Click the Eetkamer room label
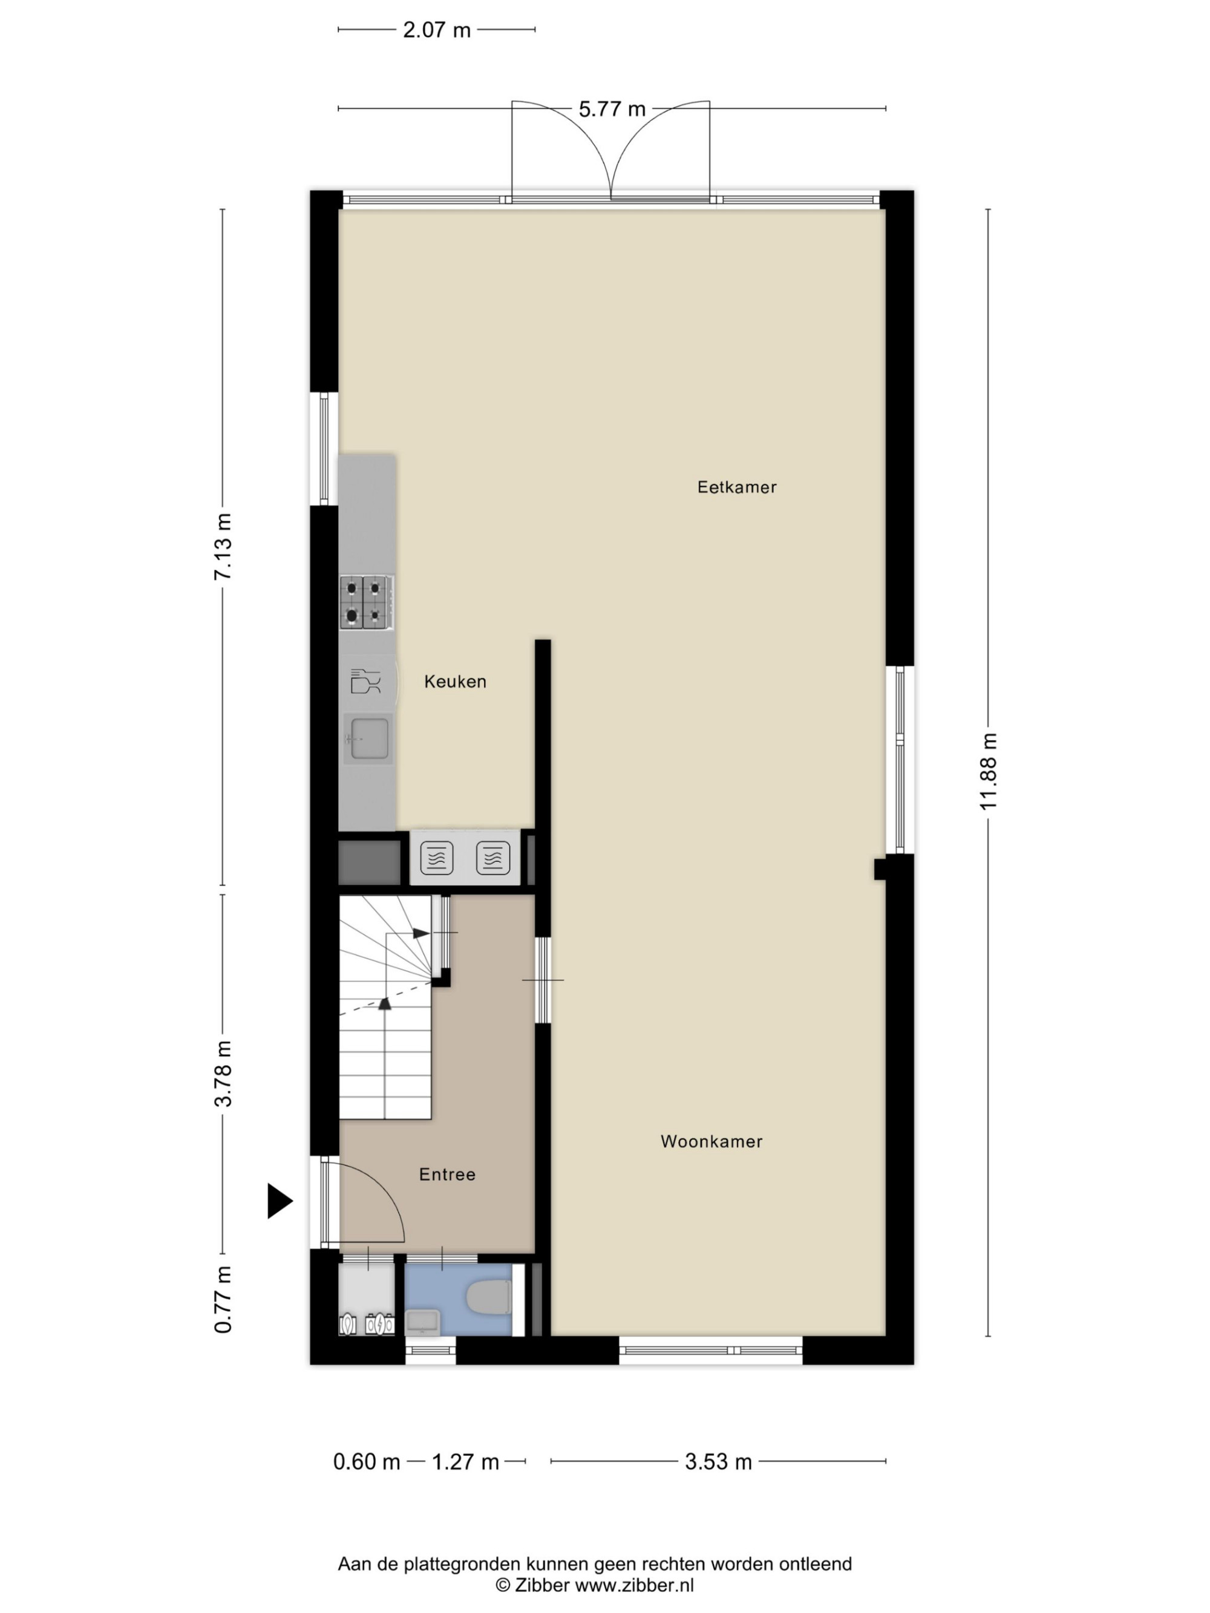tap(737, 487)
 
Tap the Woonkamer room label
tap(711, 1141)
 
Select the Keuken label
tap(455, 681)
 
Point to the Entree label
tap(447, 1174)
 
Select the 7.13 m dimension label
tap(223, 547)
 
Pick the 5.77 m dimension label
tap(612, 109)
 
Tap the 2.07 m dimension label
tap(437, 30)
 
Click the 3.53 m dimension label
tap(718, 1461)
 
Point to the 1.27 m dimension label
tap(465, 1461)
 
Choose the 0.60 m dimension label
tap(367, 1461)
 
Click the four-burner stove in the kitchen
tap(367, 602)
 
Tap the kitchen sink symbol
tap(368, 738)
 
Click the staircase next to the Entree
tap(386, 1007)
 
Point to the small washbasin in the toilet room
tap(422, 1321)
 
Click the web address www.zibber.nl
tap(635, 1585)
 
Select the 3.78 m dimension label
tap(223, 1074)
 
